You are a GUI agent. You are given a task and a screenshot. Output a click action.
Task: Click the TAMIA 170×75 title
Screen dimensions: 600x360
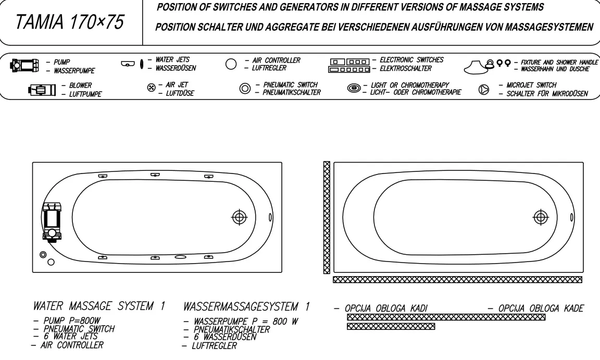[x=70, y=22]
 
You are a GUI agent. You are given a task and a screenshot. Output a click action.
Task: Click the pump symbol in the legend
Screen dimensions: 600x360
[x=24, y=66]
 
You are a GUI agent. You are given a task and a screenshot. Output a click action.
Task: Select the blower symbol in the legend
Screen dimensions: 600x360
[x=42, y=90]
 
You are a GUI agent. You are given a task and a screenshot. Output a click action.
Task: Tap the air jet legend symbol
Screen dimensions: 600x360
[x=152, y=88]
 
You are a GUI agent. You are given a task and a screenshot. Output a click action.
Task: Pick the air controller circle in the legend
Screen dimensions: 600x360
[x=231, y=64]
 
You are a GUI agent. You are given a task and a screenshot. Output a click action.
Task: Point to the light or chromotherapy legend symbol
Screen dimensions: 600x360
[x=354, y=89]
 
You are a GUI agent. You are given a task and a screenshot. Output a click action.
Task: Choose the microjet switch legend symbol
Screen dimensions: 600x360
[x=484, y=90]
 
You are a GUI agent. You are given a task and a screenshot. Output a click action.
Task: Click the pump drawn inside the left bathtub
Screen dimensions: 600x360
[x=52, y=222]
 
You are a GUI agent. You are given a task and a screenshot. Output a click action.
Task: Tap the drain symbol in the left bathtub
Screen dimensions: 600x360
[x=240, y=217]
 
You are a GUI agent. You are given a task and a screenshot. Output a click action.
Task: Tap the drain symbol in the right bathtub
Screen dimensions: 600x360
[x=541, y=217]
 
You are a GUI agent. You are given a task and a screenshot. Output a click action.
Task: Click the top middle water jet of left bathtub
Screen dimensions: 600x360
[x=155, y=175]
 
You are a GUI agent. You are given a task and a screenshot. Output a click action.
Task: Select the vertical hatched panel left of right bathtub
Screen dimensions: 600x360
[x=327, y=217]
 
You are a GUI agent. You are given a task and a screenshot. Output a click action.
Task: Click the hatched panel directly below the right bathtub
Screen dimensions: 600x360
[x=458, y=280]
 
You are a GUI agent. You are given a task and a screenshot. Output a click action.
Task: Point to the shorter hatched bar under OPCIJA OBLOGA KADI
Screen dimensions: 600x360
[x=391, y=326]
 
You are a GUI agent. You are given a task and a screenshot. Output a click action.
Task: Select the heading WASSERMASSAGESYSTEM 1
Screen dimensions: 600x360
[x=246, y=306]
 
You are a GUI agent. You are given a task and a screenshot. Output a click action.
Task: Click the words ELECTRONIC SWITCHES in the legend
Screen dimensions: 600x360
[x=411, y=60]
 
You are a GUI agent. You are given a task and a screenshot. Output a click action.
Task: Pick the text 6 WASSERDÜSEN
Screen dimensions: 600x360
[x=225, y=337]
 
